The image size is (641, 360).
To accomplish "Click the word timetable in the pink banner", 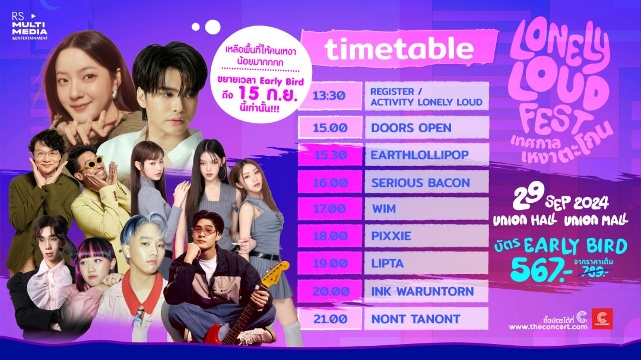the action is coord(399,49).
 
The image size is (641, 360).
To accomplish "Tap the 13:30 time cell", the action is coord(329,95).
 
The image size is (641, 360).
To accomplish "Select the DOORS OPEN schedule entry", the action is coord(411,128).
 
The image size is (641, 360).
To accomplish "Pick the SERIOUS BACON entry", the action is coord(421,183).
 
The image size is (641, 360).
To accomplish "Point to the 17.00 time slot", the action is coord(329,209).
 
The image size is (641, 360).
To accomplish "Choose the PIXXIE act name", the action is coord(391,236).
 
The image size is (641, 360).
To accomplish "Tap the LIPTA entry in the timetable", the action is coord(387,263).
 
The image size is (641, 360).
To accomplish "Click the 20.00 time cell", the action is coord(331,291).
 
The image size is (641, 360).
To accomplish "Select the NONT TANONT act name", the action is coord(415,319).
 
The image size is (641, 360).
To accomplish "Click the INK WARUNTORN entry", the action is coord(423,291).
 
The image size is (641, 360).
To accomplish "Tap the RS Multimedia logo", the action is coord(30,27).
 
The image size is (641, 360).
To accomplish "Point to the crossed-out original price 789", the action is coord(594,271).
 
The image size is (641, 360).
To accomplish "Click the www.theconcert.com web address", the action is coord(548,327).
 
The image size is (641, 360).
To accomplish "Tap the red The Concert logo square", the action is coord(602,318).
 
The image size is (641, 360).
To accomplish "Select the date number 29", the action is coord(528,196).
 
